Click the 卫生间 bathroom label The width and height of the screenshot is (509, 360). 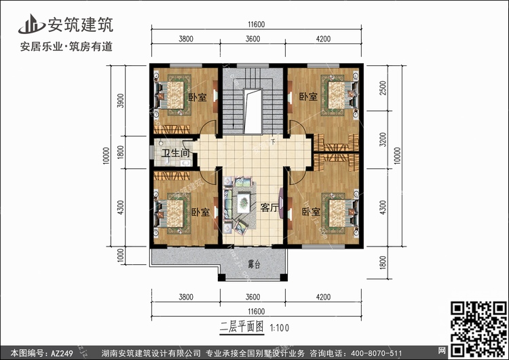point(176,152)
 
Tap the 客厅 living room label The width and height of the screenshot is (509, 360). point(269,208)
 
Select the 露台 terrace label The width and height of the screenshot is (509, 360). point(254,264)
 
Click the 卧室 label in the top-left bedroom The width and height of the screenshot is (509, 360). point(197,97)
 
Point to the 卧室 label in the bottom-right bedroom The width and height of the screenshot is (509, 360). point(311,212)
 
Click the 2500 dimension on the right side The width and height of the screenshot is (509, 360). point(383,88)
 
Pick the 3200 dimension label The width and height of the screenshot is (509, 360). point(383,140)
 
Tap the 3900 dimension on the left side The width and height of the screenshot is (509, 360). point(120,101)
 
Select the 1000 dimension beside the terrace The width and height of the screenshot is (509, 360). point(120,255)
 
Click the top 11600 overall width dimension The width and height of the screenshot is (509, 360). point(257,24)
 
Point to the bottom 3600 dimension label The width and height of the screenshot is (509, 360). point(252,297)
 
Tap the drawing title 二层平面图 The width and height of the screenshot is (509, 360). point(242,327)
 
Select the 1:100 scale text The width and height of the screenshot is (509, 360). point(280,328)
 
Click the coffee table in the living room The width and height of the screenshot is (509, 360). point(243,203)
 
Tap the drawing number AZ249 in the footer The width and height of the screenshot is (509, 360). point(62,353)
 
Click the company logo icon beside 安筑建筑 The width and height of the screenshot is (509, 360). point(31,24)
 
